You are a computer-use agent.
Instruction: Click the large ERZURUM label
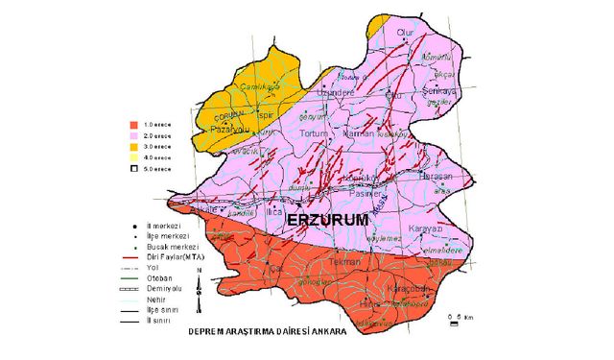(329, 221)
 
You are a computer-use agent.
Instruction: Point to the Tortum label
(314, 132)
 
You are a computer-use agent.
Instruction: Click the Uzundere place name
(342, 93)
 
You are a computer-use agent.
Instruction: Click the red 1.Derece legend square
(135, 125)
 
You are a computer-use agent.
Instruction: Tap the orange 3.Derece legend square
(135, 146)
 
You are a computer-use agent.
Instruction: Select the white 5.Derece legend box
(135, 168)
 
